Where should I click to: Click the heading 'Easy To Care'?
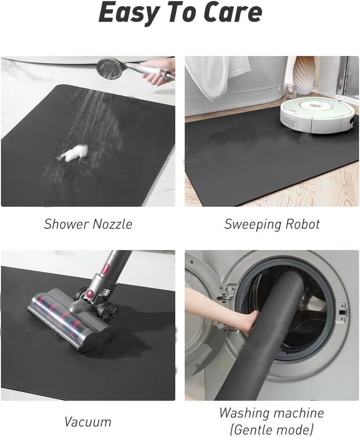click(x=180, y=13)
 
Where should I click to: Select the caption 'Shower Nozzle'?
click(x=88, y=224)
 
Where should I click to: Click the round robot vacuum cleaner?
click(x=317, y=114)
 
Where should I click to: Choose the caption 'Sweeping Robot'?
click(x=272, y=224)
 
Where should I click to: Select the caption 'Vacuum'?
click(x=88, y=421)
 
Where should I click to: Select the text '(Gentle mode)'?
click(x=271, y=429)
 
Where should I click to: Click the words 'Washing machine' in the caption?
click(x=271, y=413)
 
